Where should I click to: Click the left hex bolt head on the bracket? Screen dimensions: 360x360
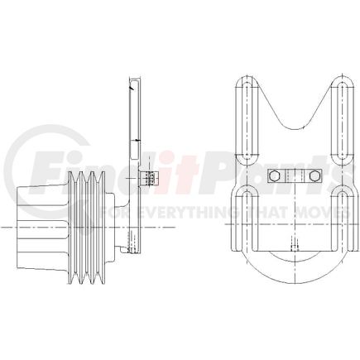[x=276, y=175]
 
